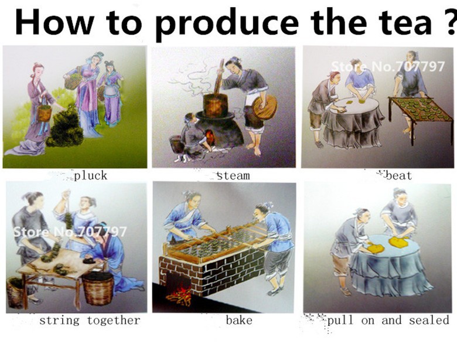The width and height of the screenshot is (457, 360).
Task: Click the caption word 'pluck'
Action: coord(91,176)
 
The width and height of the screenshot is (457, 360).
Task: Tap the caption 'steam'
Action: coord(233,176)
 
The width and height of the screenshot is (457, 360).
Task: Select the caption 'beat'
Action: coord(399,176)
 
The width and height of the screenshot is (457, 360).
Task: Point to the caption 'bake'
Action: coord(239,320)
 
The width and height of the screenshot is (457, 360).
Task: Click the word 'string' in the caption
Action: coord(59,321)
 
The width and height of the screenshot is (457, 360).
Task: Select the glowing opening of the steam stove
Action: coord(210,137)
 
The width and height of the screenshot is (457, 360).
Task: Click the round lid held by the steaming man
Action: coord(265,107)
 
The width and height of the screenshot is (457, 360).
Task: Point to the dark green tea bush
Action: coord(66,126)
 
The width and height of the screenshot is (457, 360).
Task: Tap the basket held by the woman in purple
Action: coord(45,113)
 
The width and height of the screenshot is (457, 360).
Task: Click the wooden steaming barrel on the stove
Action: coord(216,105)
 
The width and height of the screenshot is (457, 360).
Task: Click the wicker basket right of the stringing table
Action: coord(98,288)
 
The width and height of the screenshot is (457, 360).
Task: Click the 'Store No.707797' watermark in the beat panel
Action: coord(388,66)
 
